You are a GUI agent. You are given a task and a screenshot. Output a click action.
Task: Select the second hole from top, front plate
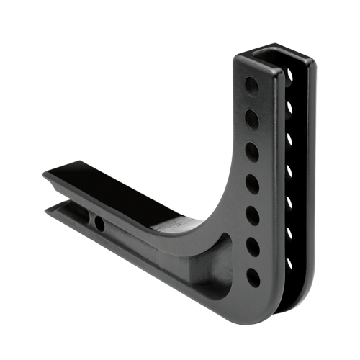click(x=252, y=117)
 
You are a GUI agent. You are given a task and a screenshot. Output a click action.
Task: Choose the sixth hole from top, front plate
click(x=252, y=246)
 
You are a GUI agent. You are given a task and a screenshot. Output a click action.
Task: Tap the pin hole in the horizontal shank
click(x=99, y=224)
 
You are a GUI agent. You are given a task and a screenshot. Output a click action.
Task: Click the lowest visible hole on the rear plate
click(x=289, y=264)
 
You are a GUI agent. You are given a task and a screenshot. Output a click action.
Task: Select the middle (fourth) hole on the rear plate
click(x=289, y=170)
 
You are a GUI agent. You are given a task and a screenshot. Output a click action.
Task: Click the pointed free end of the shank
click(x=45, y=176)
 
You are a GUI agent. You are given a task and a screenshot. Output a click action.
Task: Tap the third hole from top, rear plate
click(x=289, y=138)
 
